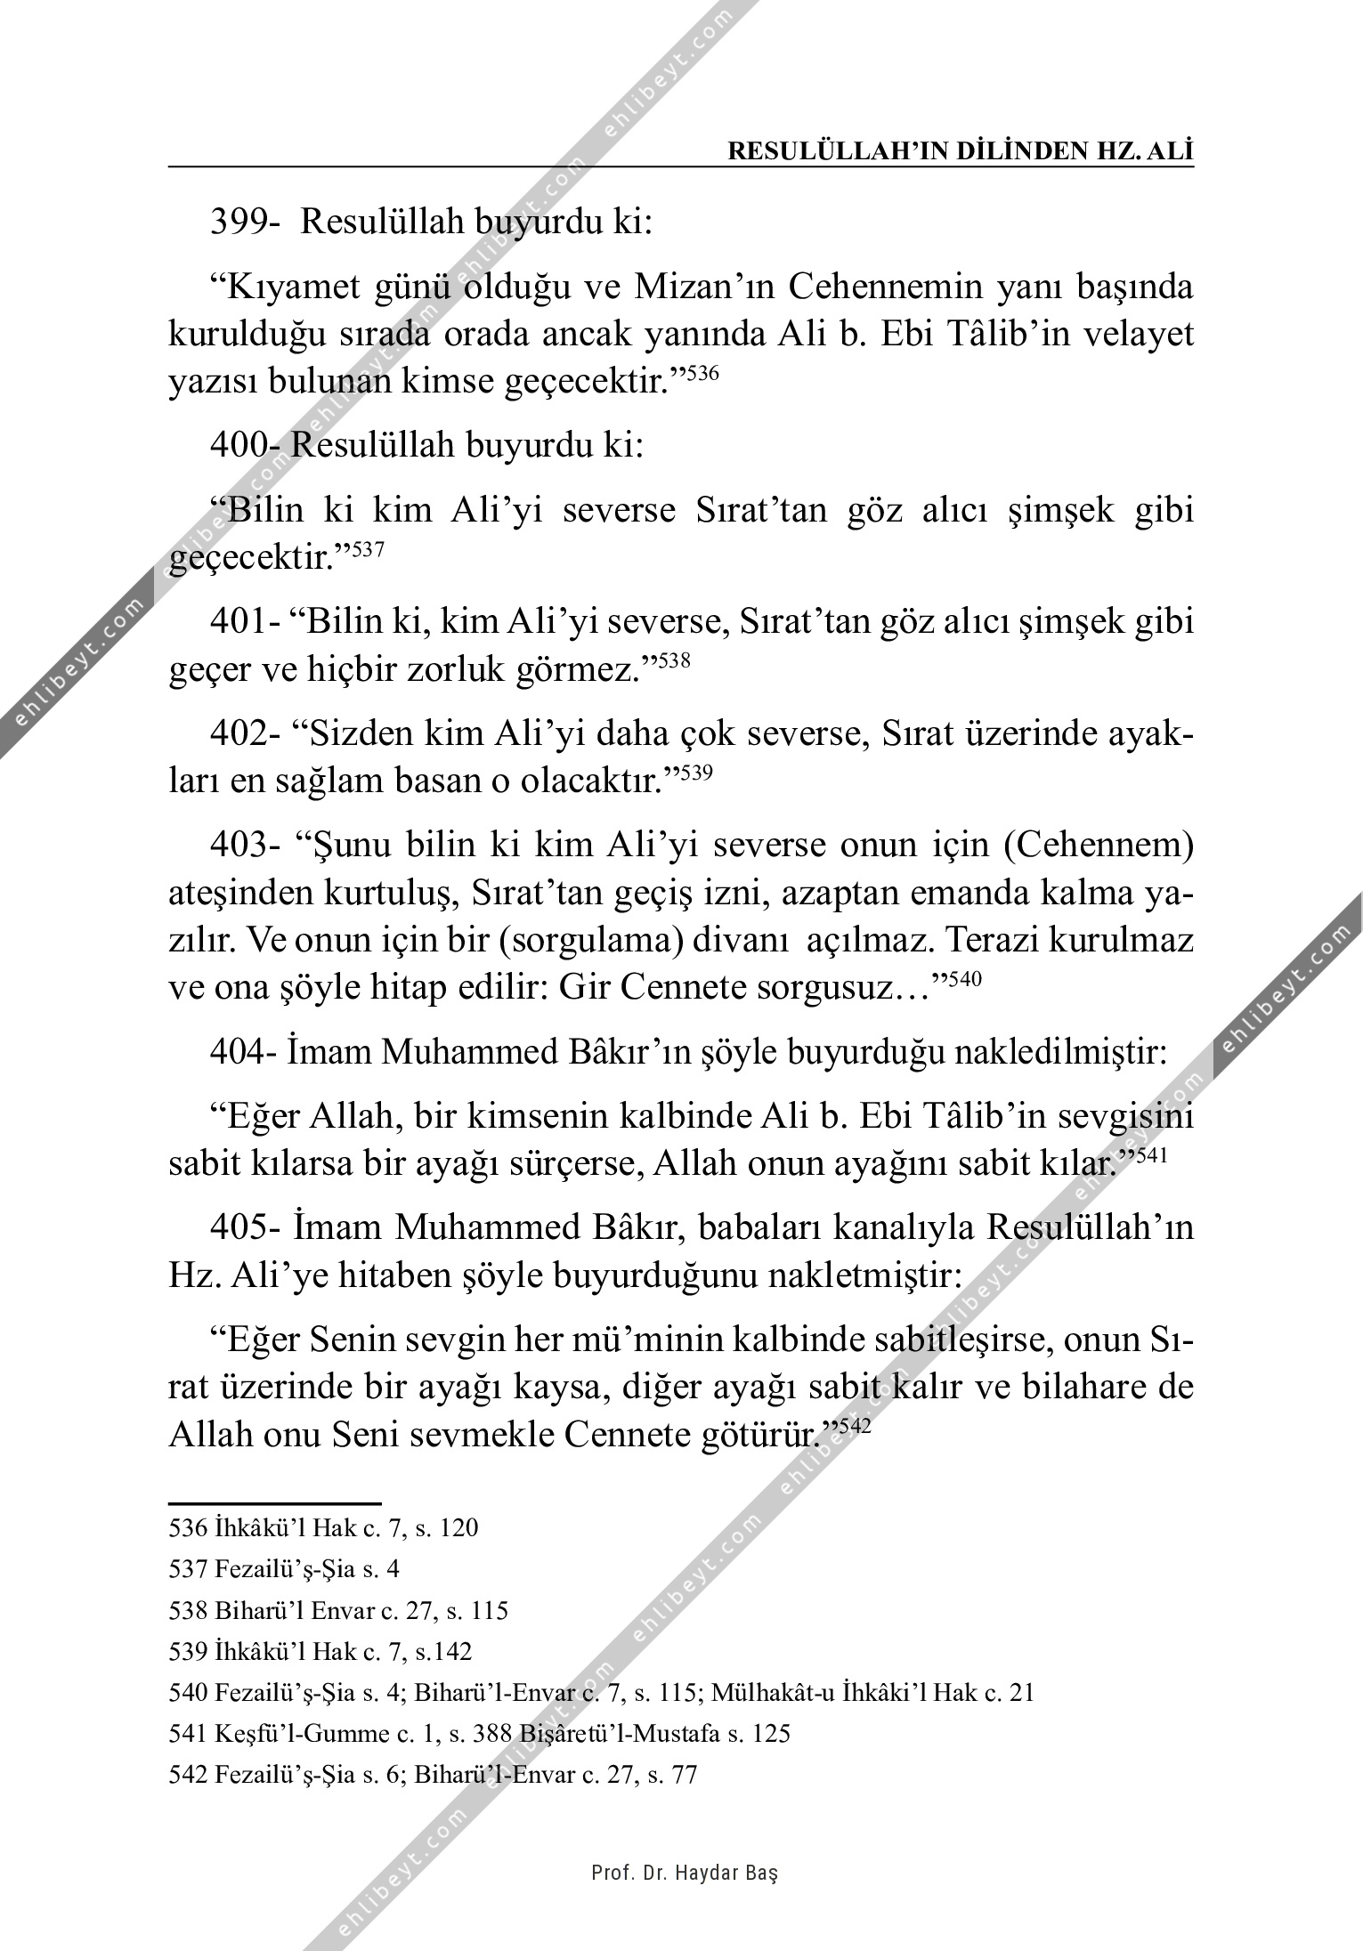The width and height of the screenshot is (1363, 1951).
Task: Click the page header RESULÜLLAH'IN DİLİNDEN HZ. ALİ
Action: click(x=961, y=151)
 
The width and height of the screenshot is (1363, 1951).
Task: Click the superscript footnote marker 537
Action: click(x=368, y=550)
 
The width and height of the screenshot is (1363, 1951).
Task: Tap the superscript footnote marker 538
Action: click(x=675, y=660)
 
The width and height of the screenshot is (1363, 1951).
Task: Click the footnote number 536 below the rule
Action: click(x=188, y=1528)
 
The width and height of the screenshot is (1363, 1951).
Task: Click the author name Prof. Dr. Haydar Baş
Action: click(x=685, y=1874)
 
